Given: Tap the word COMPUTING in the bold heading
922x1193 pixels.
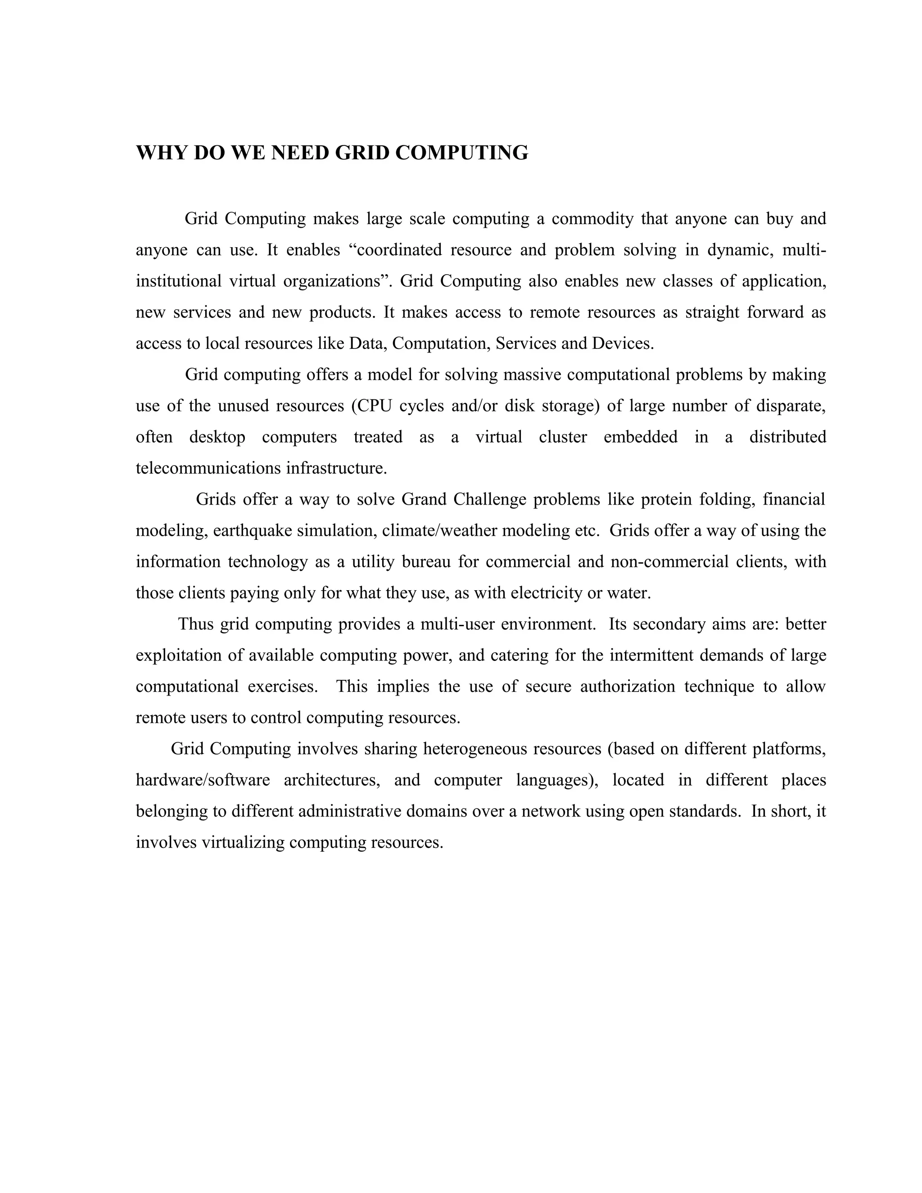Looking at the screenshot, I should point(461,153).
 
